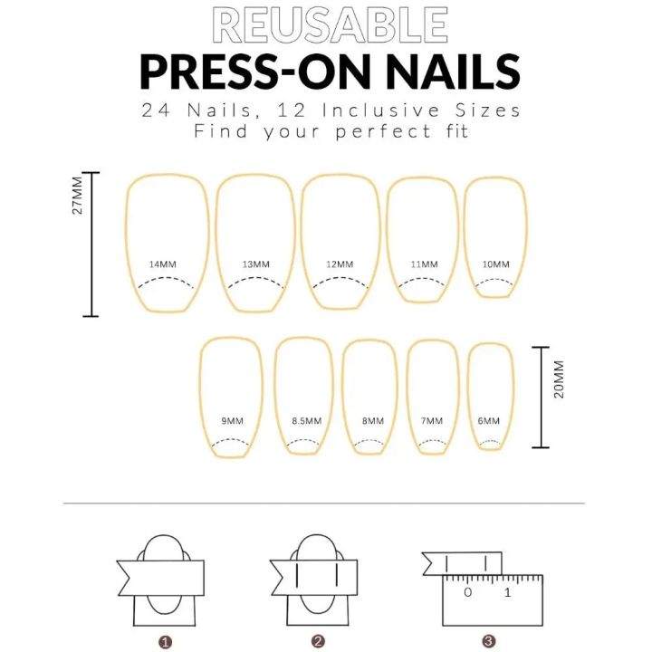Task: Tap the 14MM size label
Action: click(163, 264)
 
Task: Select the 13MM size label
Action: click(256, 264)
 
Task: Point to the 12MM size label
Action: click(340, 264)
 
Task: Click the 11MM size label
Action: click(424, 264)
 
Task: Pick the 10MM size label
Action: click(495, 264)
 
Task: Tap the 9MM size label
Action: click(232, 421)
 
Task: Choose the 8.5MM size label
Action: click(306, 421)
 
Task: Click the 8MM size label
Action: click(370, 421)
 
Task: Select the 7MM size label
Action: click(433, 421)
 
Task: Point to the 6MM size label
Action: click(489, 421)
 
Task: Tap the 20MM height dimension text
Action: click(559, 379)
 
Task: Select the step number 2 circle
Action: click(318, 641)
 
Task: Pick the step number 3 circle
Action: click(488, 641)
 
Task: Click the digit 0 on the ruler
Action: click(467, 593)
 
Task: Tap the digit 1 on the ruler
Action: click(507, 593)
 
